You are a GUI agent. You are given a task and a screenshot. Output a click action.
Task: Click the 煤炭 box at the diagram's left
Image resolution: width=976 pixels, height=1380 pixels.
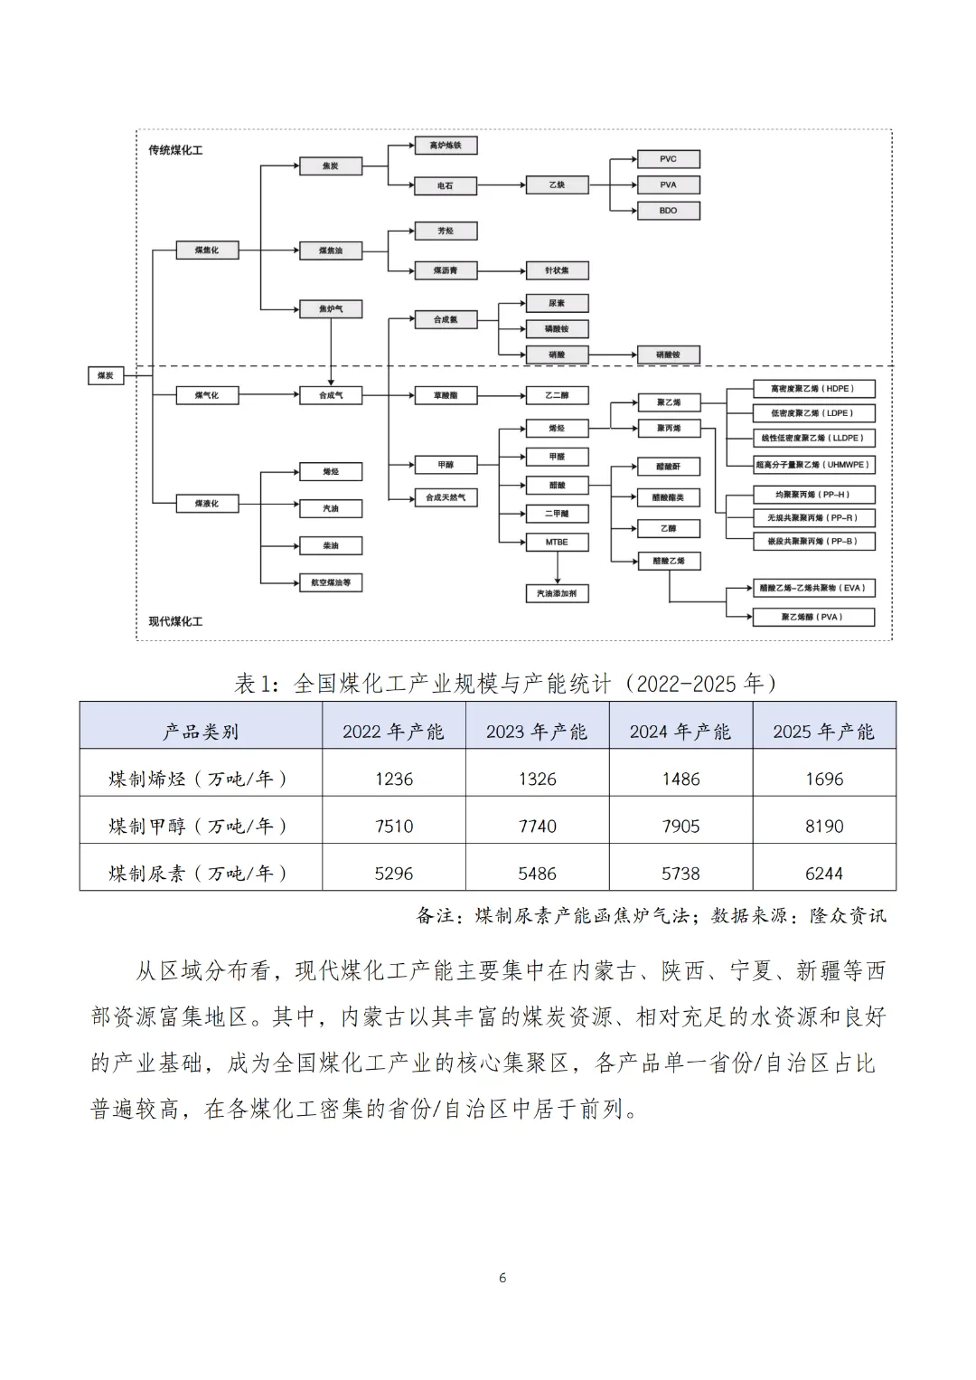[x=106, y=375]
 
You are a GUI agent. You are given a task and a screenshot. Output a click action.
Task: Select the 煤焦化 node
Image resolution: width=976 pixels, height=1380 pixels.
[x=206, y=250]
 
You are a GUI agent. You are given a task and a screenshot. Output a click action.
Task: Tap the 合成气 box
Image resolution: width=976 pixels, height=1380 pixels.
[x=331, y=395]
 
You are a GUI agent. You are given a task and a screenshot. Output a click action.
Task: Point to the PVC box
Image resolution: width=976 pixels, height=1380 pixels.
[x=668, y=159]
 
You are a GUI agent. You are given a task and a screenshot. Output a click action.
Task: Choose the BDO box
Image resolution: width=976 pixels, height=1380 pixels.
[x=668, y=211]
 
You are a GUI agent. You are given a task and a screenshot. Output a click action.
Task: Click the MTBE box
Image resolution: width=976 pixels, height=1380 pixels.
[x=557, y=542]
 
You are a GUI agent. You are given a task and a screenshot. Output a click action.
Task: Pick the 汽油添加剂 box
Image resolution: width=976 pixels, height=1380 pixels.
[x=557, y=593]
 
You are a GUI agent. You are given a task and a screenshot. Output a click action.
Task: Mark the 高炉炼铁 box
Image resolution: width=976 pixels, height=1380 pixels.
[x=445, y=146]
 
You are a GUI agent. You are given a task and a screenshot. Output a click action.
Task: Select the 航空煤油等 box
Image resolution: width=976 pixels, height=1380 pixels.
[x=331, y=582]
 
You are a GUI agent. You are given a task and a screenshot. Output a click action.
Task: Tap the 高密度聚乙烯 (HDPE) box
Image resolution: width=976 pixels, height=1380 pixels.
[x=813, y=389]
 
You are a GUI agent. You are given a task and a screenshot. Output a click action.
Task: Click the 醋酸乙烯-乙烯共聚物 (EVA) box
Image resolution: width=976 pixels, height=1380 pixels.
[x=813, y=588]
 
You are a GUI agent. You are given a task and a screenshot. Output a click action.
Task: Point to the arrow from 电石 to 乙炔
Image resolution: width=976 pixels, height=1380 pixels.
[x=502, y=185]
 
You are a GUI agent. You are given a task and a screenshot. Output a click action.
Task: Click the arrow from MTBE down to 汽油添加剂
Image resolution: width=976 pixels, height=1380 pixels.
[x=557, y=567]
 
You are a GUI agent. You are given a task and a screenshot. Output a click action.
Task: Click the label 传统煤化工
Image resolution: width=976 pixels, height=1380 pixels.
[x=175, y=150]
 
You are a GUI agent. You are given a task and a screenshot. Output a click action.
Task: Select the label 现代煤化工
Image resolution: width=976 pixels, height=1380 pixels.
[x=175, y=621]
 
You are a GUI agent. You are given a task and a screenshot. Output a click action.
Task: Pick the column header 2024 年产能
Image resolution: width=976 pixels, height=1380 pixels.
[x=680, y=732]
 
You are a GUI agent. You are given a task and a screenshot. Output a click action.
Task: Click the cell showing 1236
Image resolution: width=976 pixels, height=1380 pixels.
[x=394, y=779]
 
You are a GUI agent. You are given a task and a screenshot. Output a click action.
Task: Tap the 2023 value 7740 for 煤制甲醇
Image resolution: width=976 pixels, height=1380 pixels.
[x=538, y=826]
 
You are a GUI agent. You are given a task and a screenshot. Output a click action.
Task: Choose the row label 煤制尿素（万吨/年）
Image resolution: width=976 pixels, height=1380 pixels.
[x=199, y=873]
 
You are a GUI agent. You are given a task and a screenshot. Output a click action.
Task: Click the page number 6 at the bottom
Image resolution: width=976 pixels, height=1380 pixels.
[x=502, y=1278]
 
